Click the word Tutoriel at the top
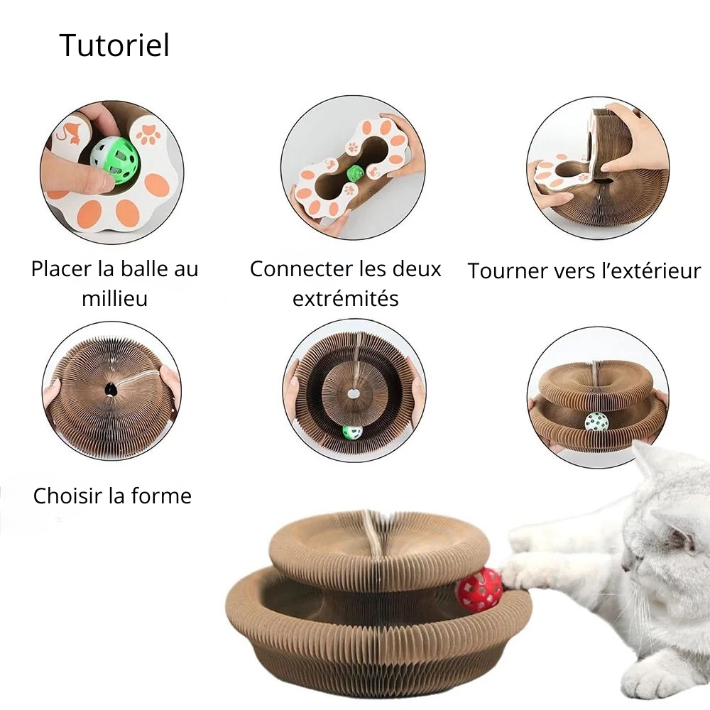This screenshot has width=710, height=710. [114, 45]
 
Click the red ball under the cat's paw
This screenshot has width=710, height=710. [480, 589]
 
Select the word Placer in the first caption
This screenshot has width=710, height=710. [61, 269]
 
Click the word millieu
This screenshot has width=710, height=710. [114, 298]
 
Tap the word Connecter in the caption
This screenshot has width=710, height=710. [295, 269]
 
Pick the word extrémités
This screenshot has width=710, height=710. [346, 298]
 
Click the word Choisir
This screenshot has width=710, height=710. [68, 496]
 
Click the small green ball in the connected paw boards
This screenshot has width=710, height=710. [354, 173]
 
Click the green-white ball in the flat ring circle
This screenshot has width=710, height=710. [352, 432]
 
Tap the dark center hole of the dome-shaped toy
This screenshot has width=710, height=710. [111, 389]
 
